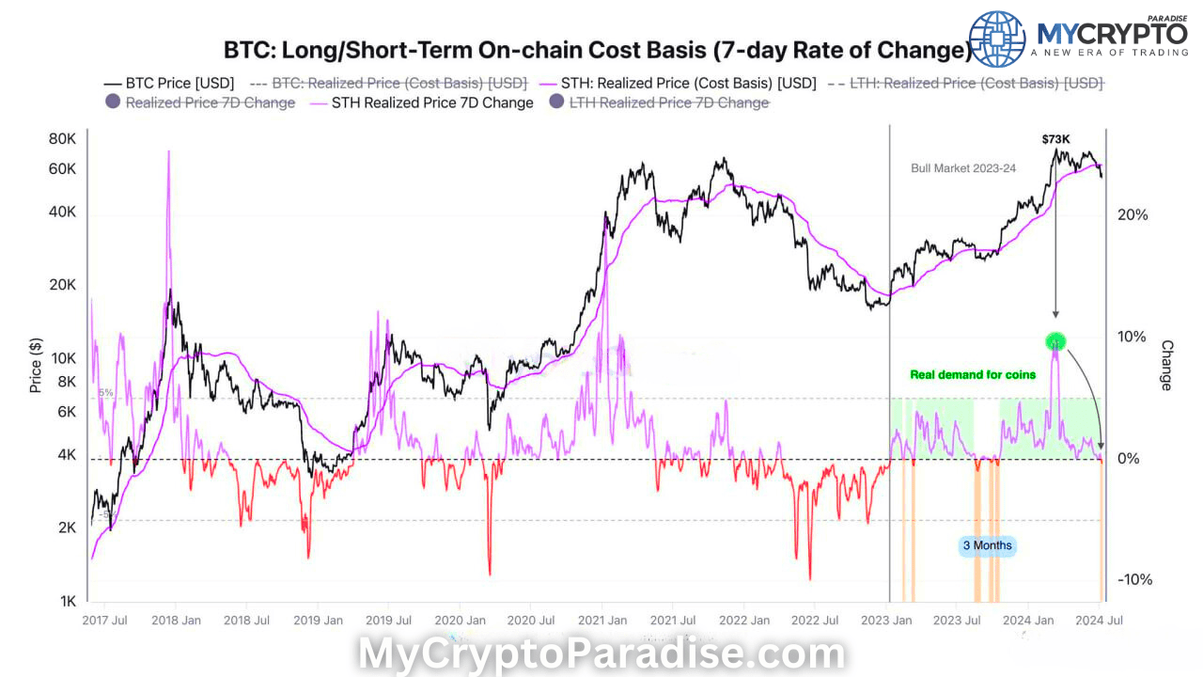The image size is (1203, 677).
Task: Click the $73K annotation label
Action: [1055, 139]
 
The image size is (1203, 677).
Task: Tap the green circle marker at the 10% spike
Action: [1055, 341]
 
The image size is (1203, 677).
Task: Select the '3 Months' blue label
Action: [987, 545]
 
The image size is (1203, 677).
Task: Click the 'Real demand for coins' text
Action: [973, 374]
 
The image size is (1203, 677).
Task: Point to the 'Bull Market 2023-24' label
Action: [963, 168]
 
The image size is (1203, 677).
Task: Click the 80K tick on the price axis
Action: [62, 139]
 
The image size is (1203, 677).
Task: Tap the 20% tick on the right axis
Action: [1132, 214]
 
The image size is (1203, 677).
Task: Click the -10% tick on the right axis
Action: [1134, 579]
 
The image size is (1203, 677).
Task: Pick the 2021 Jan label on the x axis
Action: [601, 621]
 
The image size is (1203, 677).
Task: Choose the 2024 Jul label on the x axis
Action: [1098, 621]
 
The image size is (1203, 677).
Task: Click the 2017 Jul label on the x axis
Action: [106, 621]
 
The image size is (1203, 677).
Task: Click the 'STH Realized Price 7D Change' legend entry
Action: [432, 102]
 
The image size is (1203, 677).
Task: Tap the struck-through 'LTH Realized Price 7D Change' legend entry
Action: [668, 102]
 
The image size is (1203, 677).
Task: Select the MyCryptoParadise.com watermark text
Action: [601, 654]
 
